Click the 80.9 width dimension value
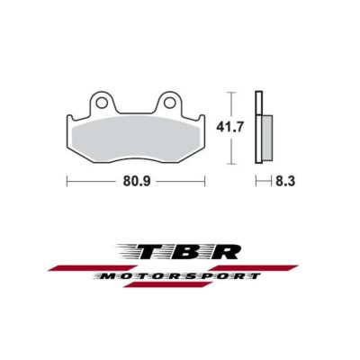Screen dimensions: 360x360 pos(135,180)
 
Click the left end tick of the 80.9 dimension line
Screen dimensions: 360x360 pos(67,180)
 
